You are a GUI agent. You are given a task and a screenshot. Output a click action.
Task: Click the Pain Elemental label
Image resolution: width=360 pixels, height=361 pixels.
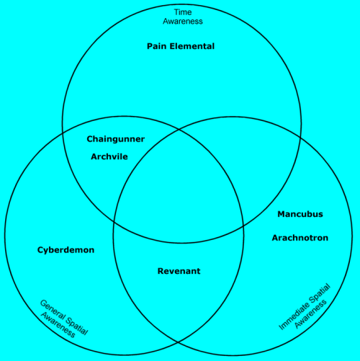pyautogui.click(x=181, y=46)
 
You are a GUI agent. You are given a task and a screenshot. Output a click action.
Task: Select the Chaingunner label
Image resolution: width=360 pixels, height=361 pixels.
pyautogui.click(x=115, y=139)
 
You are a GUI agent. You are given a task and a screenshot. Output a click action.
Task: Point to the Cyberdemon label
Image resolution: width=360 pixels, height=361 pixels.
pyautogui.click(x=66, y=250)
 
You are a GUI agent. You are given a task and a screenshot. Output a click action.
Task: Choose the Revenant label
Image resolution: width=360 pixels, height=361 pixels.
pyautogui.click(x=179, y=271)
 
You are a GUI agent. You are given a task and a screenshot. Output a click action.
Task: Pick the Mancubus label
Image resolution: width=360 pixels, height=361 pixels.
pyautogui.click(x=300, y=214)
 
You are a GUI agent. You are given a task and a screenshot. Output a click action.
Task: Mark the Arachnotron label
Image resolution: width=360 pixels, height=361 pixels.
pyautogui.click(x=300, y=238)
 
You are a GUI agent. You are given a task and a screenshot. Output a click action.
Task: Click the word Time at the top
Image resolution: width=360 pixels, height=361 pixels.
pyautogui.click(x=181, y=12)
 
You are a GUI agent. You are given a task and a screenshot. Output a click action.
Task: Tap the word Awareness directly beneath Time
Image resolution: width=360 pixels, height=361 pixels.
pyautogui.click(x=181, y=22)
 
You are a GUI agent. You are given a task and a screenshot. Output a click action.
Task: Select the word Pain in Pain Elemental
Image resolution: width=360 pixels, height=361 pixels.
pyautogui.click(x=157, y=46)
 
